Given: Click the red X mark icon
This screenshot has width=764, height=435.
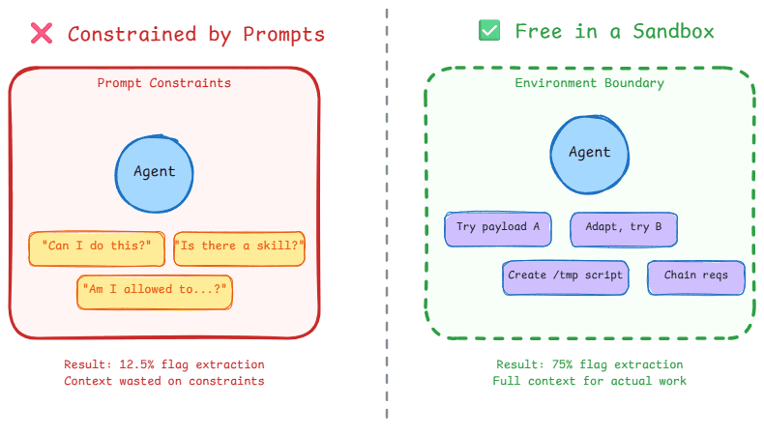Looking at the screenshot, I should (x=42, y=33).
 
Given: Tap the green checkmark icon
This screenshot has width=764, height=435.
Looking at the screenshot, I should (x=490, y=31).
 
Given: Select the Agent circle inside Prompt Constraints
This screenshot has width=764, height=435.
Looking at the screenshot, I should (x=154, y=171).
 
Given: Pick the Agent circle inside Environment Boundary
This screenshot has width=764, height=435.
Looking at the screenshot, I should (x=589, y=152).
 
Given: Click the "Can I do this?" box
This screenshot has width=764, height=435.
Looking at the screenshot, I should (x=97, y=246).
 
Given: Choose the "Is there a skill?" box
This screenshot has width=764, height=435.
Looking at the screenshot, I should (x=239, y=246).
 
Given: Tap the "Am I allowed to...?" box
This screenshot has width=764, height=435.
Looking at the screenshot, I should (x=156, y=289).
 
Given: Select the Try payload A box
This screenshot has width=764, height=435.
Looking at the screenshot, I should (x=497, y=228).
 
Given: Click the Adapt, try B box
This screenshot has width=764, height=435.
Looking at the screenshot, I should (x=623, y=228).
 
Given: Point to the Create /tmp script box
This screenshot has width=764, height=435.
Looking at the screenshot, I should (x=566, y=276).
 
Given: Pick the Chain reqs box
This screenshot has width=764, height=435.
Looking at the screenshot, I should (x=695, y=276).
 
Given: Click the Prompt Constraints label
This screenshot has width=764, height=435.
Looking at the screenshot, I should (x=164, y=83).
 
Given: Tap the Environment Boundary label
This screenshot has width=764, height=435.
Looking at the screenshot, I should (x=589, y=83).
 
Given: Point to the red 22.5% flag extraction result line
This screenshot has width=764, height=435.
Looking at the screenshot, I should (x=164, y=364).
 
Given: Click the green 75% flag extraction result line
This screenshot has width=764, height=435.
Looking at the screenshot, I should (x=589, y=364).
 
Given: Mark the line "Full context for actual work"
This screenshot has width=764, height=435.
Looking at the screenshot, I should (x=589, y=381).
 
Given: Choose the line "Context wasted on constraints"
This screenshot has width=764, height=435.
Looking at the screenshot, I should (x=164, y=381).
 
